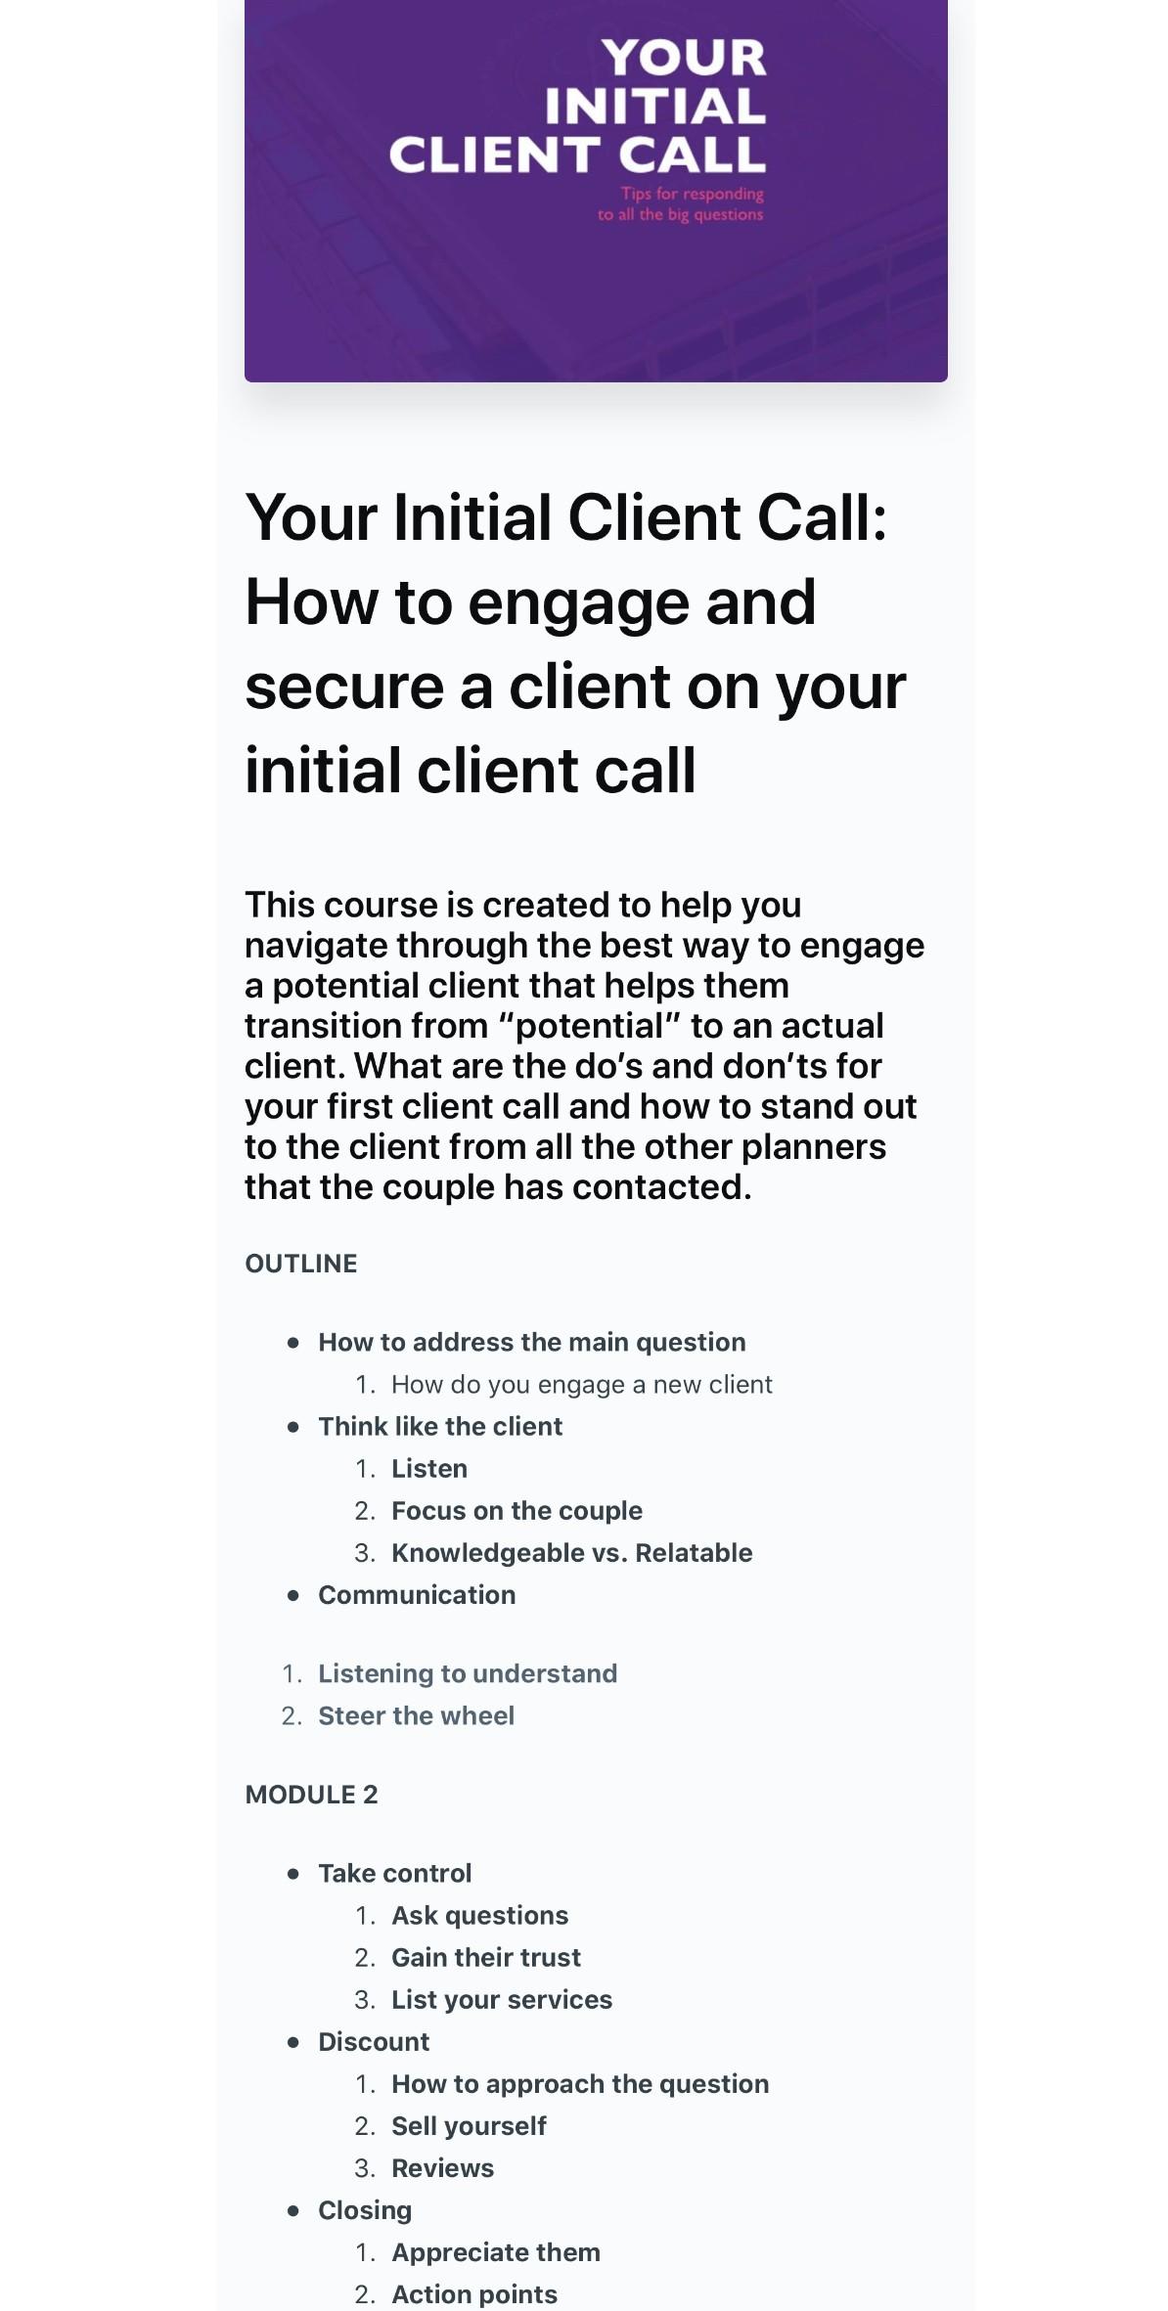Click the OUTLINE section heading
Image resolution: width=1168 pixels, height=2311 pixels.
(x=300, y=1264)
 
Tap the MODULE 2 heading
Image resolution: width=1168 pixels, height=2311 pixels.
(x=311, y=1795)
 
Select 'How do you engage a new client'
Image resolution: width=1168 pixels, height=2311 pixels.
(x=581, y=1384)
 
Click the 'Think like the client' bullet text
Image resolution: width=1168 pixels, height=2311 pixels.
(x=440, y=1426)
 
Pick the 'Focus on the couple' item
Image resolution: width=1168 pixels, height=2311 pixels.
(x=517, y=1510)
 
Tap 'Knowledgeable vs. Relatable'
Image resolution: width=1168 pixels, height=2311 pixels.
(x=571, y=1552)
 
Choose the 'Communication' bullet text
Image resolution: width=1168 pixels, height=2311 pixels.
(x=417, y=1594)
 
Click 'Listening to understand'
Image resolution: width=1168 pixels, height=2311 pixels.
(x=468, y=1673)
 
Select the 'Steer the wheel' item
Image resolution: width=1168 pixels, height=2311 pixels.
(x=416, y=1715)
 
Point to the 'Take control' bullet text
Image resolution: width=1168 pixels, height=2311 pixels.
(x=394, y=1873)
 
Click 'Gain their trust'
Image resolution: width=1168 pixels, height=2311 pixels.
(x=485, y=1957)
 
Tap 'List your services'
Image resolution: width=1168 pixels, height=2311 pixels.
(x=501, y=1999)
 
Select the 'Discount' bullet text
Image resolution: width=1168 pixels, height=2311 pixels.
(x=374, y=2041)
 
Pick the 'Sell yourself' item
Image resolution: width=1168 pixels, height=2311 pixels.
(x=469, y=2125)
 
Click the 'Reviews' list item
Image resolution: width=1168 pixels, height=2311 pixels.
(x=442, y=2167)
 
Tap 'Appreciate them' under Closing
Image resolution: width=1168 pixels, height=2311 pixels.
(x=495, y=2251)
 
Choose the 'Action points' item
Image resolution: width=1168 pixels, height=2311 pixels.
(x=473, y=2293)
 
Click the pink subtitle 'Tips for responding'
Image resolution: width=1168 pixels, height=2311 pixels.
(x=692, y=194)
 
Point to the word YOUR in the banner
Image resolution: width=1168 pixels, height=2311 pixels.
(x=684, y=58)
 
